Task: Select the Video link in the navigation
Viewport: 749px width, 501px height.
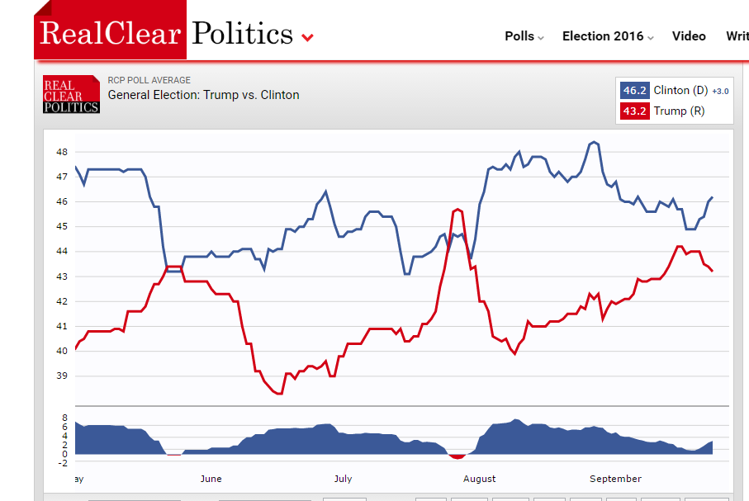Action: point(689,36)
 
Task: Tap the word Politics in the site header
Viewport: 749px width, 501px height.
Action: point(242,33)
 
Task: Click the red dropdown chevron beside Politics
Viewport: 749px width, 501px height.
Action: point(308,37)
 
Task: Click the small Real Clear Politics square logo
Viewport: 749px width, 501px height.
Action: point(71,95)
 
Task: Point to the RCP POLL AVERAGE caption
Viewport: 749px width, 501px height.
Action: point(149,80)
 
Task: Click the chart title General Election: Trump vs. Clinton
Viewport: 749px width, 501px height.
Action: point(203,95)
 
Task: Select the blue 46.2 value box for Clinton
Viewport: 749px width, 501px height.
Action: point(634,91)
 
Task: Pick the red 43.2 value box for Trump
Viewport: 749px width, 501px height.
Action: point(634,111)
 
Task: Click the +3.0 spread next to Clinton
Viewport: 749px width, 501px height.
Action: point(720,91)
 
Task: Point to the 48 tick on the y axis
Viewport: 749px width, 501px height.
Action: point(62,152)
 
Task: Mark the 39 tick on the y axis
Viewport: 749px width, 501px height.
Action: point(62,376)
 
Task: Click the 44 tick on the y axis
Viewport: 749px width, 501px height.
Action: point(62,251)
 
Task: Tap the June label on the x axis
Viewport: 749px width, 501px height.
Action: point(211,479)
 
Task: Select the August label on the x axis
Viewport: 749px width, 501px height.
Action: point(479,479)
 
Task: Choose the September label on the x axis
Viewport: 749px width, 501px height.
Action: point(615,479)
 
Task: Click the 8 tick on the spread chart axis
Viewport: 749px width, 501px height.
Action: point(64,418)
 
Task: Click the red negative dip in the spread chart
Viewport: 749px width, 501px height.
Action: point(457,456)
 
